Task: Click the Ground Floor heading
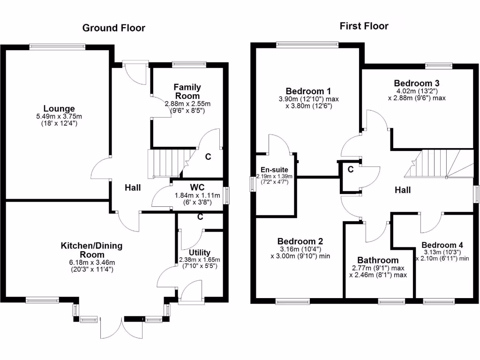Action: point(114,28)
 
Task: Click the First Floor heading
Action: point(364,26)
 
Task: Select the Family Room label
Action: point(187,91)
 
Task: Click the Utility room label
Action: point(200,253)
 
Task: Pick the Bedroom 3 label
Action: point(417,83)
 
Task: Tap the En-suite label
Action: point(274,170)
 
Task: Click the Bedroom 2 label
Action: point(300,241)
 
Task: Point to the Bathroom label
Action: point(378,260)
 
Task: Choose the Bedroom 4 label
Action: point(442,245)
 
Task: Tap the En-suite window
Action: point(253,183)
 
